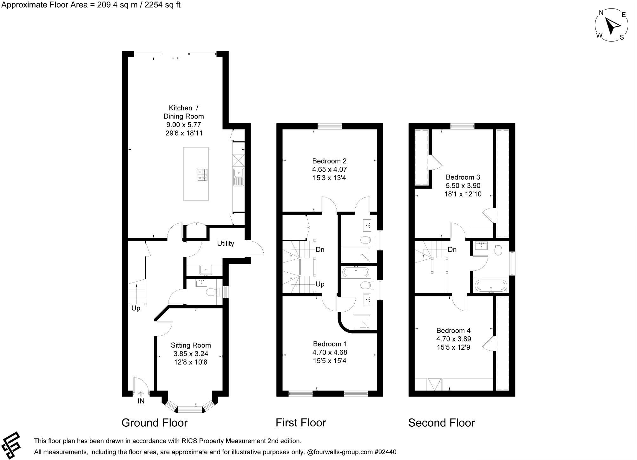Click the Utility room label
226,243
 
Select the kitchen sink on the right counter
238,177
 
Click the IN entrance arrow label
141,401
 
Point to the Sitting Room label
191,345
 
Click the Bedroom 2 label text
329,161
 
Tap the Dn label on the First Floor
320,250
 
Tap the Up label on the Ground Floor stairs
136,308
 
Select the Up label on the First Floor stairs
320,284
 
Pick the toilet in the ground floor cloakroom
213,292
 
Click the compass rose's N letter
601,13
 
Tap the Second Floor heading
441,423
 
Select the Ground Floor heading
154,423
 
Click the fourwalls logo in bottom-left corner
11,445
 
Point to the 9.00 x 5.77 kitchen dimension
184,125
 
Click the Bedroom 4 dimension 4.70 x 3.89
453,339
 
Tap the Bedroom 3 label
463,177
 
